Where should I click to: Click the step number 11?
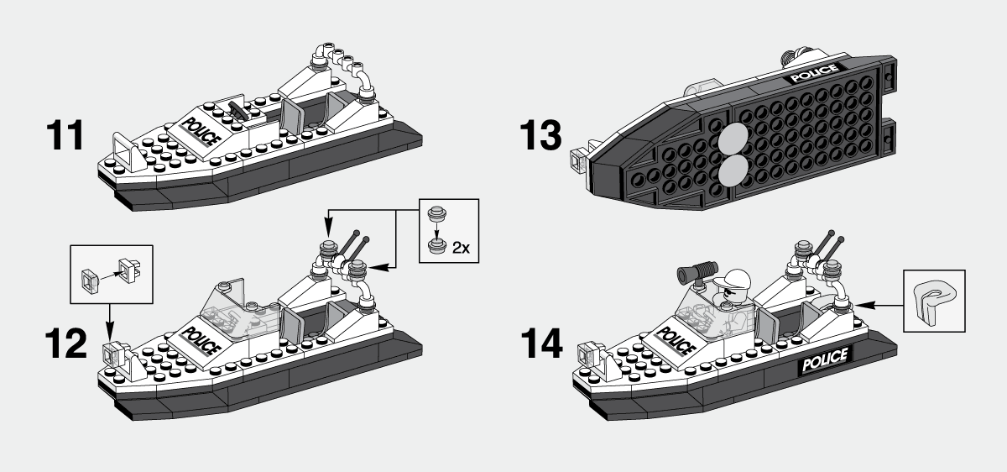[x=65, y=136]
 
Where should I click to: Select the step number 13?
[x=539, y=135]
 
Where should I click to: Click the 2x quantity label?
[x=461, y=248]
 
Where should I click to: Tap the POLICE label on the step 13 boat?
[x=812, y=73]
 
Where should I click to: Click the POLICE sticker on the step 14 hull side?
[x=825, y=364]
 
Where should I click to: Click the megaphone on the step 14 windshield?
[x=696, y=272]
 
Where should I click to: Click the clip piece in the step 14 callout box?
[x=933, y=298]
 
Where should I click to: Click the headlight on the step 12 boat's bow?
[x=109, y=351]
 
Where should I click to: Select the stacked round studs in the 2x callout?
[x=436, y=228]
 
